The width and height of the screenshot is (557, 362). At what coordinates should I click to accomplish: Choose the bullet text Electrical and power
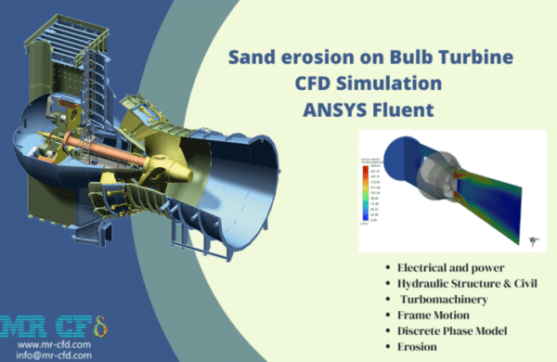point(448,269)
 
